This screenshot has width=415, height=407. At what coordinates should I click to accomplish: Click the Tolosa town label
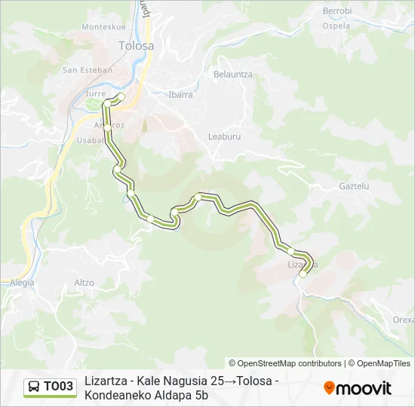(136, 45)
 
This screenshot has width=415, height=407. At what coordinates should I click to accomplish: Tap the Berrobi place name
(337, 11)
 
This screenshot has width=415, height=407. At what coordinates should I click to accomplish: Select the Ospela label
(336, 25)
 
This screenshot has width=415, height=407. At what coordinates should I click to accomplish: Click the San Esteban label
(87, 70)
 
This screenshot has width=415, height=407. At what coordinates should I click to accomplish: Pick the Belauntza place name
(232, 75)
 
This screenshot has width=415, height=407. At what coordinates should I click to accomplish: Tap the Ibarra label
(181, 95)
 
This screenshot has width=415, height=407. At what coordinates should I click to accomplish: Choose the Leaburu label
(223, 136)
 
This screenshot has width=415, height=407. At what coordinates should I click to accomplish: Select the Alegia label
(22, 283)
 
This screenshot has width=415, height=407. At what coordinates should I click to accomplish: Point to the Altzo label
(85, 283)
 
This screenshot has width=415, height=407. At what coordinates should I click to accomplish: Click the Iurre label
(96, 93)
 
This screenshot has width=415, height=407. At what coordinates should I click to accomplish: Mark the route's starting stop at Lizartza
(303, 274)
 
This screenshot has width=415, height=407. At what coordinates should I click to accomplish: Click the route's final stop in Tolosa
(121, 96)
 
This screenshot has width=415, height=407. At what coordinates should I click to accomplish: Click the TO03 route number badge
(58, 387)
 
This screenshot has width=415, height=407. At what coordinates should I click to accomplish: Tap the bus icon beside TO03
(34, 387)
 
